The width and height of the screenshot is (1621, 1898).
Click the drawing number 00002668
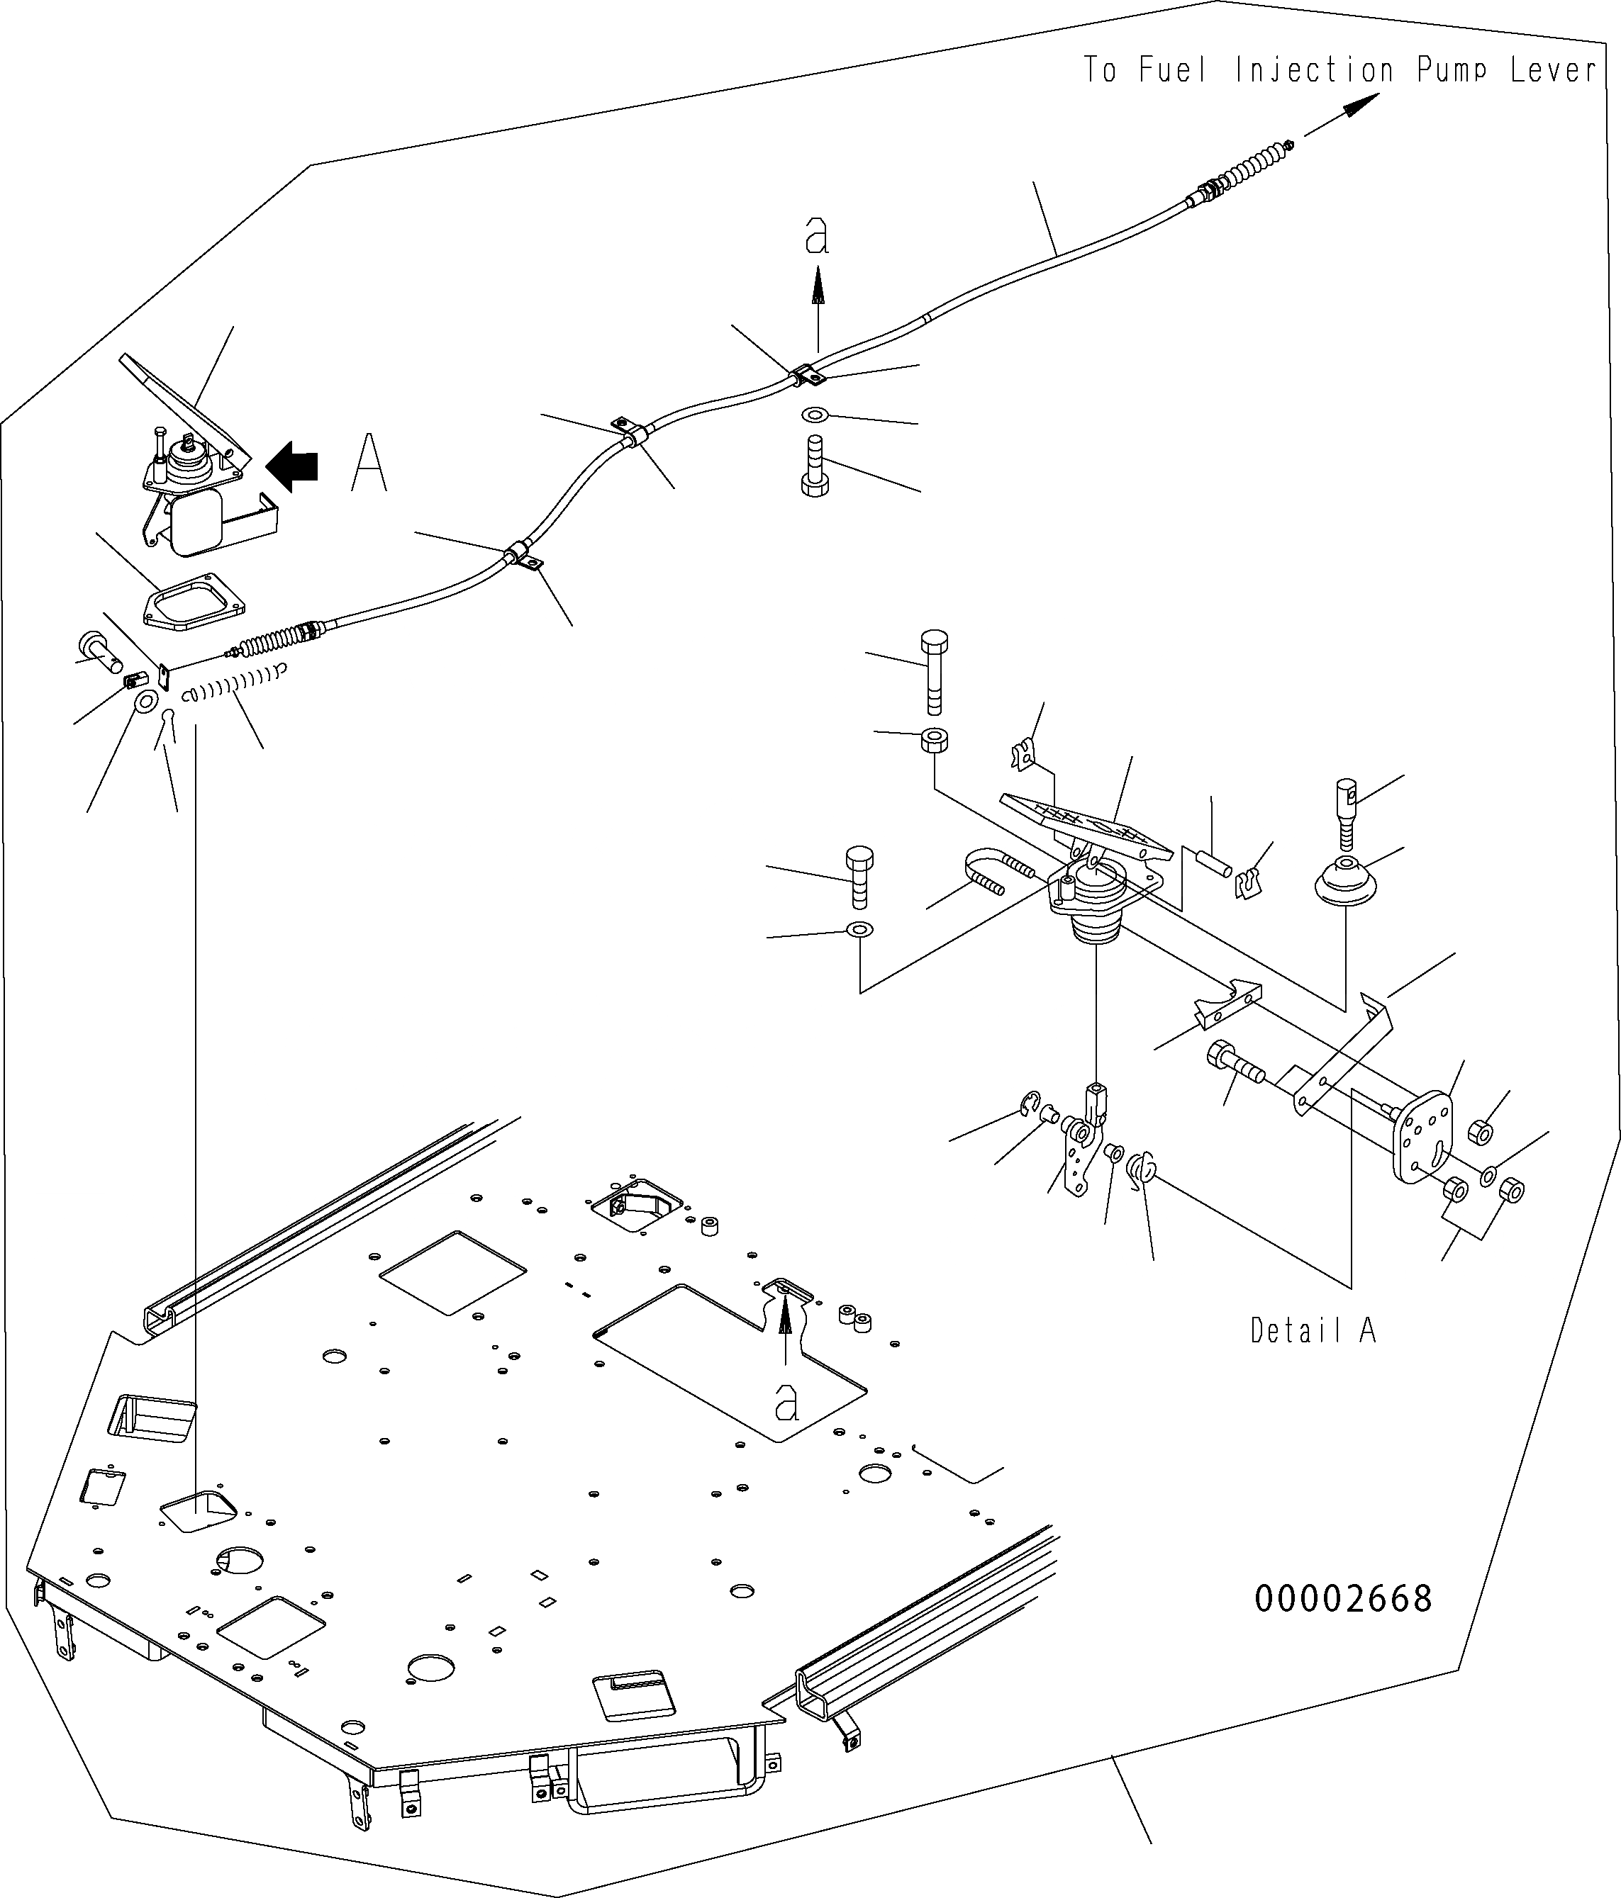pos(1342,1598)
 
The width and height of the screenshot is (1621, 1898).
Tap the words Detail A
pos(1313,1330)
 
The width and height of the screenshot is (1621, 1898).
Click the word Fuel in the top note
pos(1174,69)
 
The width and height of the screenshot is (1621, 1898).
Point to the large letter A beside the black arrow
pos(370,463)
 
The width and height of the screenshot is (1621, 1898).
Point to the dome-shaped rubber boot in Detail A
pos(1345,883)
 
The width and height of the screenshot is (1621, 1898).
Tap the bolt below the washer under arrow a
pos(815,467)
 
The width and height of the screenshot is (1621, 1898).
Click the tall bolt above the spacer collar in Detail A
pos(934,671)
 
